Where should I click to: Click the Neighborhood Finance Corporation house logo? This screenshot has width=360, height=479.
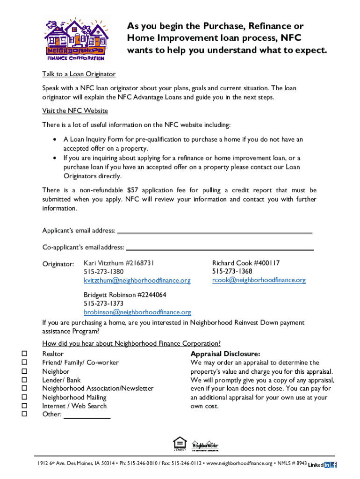[75, 38]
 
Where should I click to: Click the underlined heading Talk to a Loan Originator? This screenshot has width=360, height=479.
[79, 74]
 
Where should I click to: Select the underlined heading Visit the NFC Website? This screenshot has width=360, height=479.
[75, 111]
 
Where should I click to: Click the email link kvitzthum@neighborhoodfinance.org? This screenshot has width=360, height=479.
[137, 281]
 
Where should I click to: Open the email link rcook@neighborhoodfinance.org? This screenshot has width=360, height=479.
[259, 280]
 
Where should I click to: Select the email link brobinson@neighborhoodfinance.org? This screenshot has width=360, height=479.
[137, 312]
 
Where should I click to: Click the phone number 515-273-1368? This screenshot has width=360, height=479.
[232, 272]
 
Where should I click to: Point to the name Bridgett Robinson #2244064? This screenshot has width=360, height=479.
[125, 295]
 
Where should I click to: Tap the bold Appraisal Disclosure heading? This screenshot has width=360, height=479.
[225, 354]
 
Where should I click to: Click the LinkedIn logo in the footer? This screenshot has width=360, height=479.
[319, 465]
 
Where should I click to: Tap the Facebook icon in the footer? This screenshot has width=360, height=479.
[334, 465]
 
